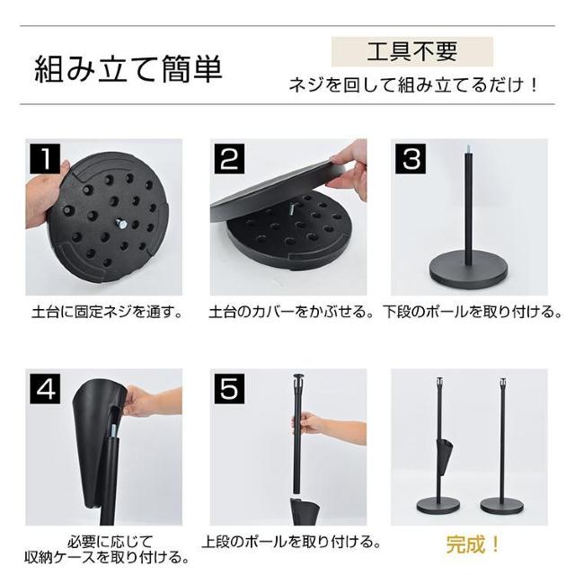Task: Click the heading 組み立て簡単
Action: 128,70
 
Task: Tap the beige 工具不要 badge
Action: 412,51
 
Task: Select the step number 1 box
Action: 45,159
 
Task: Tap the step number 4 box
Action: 45,389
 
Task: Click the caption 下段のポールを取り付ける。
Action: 473,314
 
